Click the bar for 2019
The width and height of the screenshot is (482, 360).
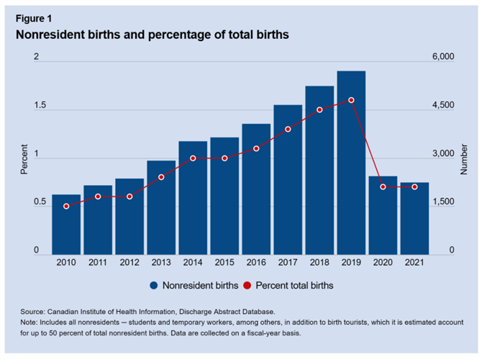pyautogui.click(x=351, y=162)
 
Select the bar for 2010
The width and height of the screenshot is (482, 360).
pyautogui.click(x=66, y=224)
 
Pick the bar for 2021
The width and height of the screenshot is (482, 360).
pyautogui.click(x=414, y=217)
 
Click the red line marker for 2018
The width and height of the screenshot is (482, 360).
pyautogui.click(x=319, y=109)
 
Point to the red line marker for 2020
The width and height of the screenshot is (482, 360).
pyautogui.click(x=383, y=186)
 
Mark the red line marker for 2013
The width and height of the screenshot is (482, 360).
pyautogui.click(x=161, y=177)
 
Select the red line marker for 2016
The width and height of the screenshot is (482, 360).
pyautogui.click(x=256, y=148)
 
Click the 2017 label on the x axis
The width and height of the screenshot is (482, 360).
pyautogui.click(x=288, y=263)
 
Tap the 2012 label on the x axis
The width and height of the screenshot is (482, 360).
pyautogui.click(x=129, y=263)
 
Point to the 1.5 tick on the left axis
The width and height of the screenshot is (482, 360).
pyautogui.click(x=40, y=105)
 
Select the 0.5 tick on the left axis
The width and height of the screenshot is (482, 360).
pyautogui.click(x=40, y=202)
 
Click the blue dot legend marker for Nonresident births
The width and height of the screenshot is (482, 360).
pyautogui.click(x=154, y=285)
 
